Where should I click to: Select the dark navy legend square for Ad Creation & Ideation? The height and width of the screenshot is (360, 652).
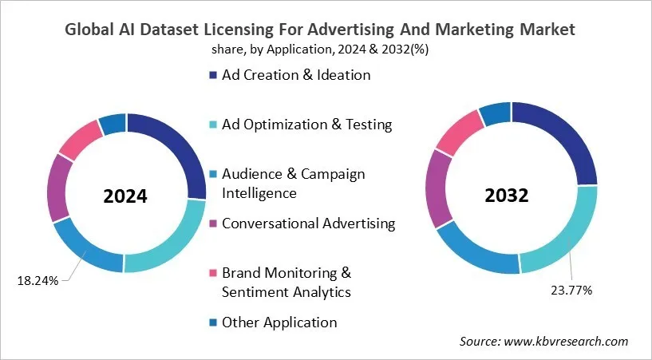pos(212,76)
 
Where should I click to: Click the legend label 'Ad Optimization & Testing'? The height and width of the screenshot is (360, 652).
pos(307,125)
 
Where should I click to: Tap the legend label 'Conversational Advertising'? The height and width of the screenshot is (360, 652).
pos(308,224)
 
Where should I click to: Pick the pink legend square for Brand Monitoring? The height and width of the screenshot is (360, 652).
pos(212,274)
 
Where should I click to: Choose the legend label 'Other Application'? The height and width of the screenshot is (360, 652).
pos(279,322)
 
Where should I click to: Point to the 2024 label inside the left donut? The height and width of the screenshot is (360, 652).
pos(126,196)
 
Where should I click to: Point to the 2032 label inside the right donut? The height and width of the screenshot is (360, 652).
pos(512,196)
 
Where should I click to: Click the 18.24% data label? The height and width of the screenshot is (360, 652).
pos(37,280)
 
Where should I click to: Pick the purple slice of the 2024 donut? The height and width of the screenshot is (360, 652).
pos(57,187)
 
